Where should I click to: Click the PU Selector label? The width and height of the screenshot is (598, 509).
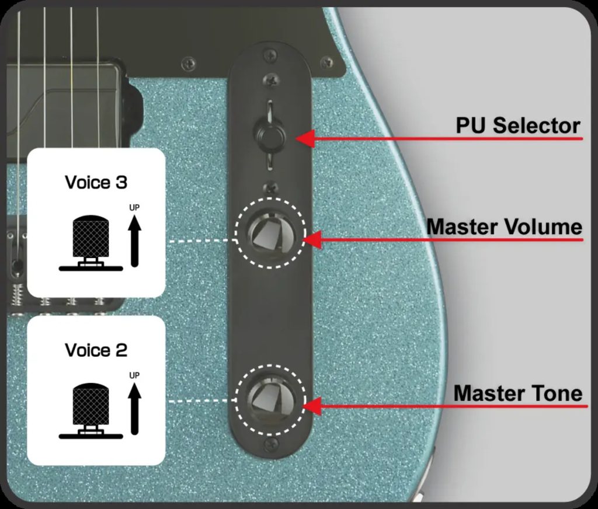coord(517,125)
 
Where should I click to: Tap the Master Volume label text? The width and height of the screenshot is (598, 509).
coord(504,226)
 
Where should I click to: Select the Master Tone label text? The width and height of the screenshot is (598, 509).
coord(517,393)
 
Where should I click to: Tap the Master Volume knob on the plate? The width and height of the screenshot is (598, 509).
coord(270,234)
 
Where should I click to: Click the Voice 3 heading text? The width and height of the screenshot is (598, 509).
coord(96,183)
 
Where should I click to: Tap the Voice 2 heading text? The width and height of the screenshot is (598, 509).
coord(96,350)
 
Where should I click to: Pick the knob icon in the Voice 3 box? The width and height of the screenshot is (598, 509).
coord(90,243)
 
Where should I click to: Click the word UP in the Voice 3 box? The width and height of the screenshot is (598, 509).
coord(135,208)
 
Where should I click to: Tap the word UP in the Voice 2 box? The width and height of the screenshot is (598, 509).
coord(135,375)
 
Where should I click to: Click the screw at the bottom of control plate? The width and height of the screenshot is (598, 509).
coord(270,445)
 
